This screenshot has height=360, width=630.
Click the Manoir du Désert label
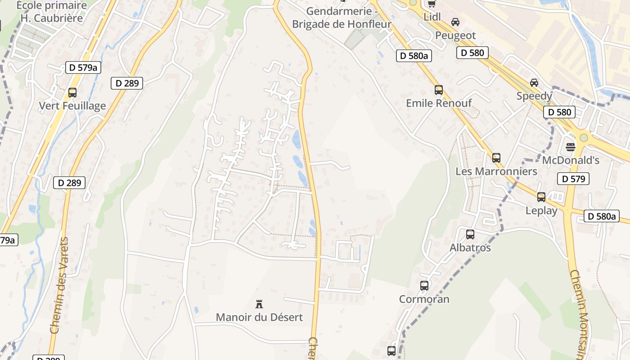[259, 317]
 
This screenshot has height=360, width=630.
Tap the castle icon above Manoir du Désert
[259, 304]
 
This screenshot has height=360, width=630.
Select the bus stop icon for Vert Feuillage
[72, 93]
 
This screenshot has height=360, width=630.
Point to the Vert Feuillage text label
[72, 106]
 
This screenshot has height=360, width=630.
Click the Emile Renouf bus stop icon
[439, 90]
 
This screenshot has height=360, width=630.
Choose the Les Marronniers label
[496, 171]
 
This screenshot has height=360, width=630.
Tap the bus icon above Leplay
[541, 197]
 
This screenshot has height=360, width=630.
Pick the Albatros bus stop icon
[470, 234]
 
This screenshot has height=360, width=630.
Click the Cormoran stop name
[424, 299]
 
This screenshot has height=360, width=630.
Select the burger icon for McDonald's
[571, 147]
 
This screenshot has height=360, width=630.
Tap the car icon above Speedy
[534, 83]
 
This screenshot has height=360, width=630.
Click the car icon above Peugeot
[455, 22]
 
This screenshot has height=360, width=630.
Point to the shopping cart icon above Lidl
[432, 4]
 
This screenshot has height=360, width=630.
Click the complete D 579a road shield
[83, 67]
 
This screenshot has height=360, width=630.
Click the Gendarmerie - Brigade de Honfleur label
[342, 18]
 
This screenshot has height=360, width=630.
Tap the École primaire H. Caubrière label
[52, 12]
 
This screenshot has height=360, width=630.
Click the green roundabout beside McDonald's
[584, 137]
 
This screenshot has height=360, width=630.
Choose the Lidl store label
[432, 17]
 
